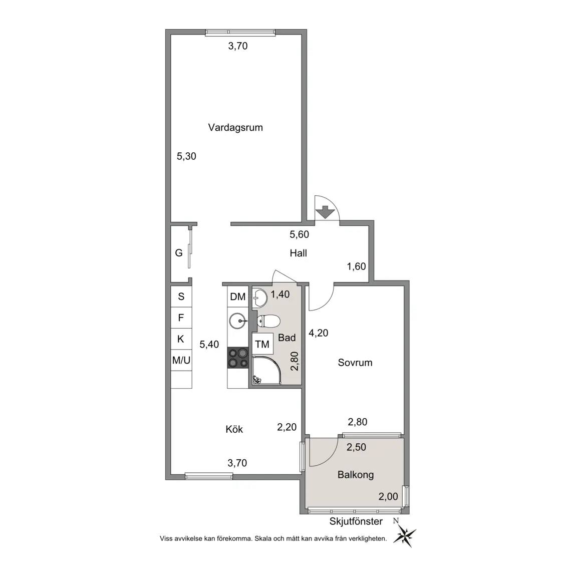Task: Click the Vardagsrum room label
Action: (235, 128)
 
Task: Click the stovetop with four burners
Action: (238, 358)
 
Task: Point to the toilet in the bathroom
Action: (268, 321)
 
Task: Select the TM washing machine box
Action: (262, 344)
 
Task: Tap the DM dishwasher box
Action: (238, 297)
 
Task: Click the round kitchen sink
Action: (238, 321)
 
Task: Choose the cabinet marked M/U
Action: (181, 360)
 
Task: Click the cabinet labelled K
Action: (181, 339)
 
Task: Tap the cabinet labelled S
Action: (181, 297)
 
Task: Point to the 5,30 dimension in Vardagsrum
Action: (186, 156)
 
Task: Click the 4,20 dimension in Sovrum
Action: (319, 333)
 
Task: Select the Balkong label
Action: (356, 475)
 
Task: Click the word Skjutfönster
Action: (356, 521)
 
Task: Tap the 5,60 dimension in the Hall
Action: (299, 234)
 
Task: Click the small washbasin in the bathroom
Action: (260, 298)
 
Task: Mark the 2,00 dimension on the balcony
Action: (388, 497)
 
